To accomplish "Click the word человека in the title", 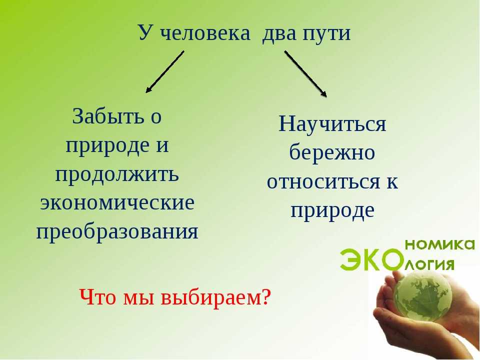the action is [205, 33].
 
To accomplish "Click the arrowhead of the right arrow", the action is [323, 93].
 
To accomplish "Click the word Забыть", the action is [108, 116].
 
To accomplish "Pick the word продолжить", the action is [117, 175].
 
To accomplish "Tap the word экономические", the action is [117, 202].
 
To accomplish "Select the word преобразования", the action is [117, 231].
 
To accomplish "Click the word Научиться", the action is [332, 124].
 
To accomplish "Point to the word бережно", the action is [332, 151].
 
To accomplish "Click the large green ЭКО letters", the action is [371, 260].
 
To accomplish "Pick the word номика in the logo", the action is [440, 244].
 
